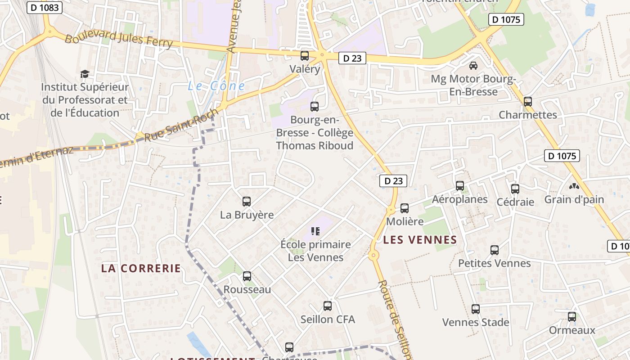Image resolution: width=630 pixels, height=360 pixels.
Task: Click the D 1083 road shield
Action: [x=44, y=8]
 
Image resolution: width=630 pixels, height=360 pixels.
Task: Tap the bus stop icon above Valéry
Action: [x=305, y=56]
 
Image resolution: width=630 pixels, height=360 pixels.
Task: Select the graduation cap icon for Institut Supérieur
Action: [x=85, y=74]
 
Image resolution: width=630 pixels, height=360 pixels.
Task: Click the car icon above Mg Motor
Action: [x=473, y=66]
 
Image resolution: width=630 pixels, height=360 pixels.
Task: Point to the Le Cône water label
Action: [x=216, y=86]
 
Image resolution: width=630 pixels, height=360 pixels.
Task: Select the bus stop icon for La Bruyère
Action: [x=247, y=202]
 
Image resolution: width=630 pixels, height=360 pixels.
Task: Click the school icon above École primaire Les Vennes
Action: [x=315, y=231]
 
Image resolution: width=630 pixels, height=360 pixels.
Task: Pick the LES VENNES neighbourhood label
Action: [x=420, y=240]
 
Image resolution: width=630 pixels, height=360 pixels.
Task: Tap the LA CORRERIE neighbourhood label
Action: [x=141, y=268]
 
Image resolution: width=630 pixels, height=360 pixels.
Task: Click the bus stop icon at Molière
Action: [x=405, y=208]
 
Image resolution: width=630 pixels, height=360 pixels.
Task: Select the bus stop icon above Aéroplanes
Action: [x=460, y=186]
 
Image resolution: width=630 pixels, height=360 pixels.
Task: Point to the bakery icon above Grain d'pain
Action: [x=574, y=186]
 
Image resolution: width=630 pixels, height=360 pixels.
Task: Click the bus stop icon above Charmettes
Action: [x=528, y=102]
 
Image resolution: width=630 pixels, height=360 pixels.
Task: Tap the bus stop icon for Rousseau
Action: [x=247, y=276]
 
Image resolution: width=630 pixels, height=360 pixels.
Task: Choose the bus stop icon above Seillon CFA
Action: [x=328, y=306]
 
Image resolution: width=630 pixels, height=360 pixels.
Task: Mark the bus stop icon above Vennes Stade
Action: [x=476, y=309]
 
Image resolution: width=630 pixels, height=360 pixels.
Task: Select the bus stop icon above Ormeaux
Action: [x=572, y=317]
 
